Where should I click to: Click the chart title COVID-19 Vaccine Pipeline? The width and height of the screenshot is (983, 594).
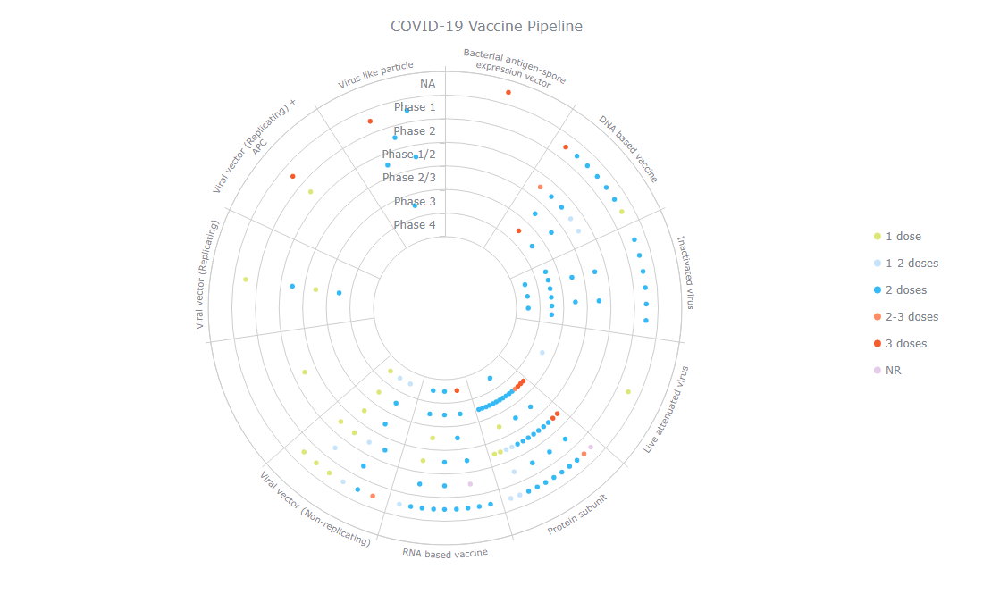(x=486, y=26)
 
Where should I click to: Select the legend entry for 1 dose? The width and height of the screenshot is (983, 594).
(x=903, y=237)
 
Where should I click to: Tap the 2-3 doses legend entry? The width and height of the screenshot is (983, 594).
(x=912, y=317)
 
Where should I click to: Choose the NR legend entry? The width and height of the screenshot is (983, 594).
(x=893, y=370)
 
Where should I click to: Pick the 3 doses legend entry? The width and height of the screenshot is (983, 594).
(x=906, y=344)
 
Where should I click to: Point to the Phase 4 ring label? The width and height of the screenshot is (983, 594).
(x=415, y=225)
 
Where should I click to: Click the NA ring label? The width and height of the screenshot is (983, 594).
(x=428, y=84)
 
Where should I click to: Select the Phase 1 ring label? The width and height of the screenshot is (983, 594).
(x=415, y=107)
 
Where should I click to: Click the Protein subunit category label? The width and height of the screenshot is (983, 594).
(x=577, y=515)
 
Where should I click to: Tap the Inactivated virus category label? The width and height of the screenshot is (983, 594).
(x=685, y=272)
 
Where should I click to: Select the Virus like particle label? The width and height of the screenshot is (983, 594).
(x=375, y=76)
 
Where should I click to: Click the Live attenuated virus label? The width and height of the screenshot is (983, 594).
(x=668, y=408)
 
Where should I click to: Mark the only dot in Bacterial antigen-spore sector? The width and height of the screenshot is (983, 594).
(x=508, y=93)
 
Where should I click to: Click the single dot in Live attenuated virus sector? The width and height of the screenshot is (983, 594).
(x=628, y=391)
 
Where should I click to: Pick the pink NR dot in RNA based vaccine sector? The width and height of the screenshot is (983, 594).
(x=470, y=484)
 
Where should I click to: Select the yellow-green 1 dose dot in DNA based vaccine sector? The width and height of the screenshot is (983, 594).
(x=622, y=212)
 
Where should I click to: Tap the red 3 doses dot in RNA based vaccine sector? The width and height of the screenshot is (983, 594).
(x=457, y=390)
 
